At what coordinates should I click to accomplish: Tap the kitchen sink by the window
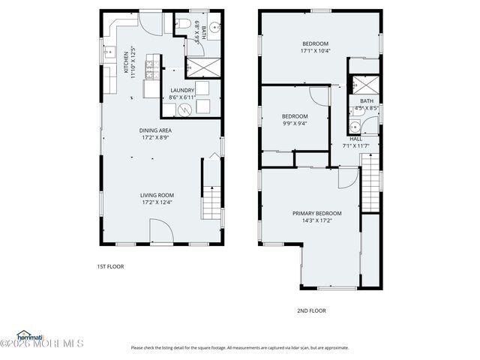click(x=106, y=54)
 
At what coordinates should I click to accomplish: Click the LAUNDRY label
click(x=182, y=90)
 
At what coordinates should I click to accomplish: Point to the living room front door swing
click(x=160, y=231)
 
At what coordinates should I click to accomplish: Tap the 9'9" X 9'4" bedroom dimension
click(x=295, y=123)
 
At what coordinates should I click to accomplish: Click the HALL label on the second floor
click(x=356, y=138)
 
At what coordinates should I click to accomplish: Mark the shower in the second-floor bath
click(x=367, y=83)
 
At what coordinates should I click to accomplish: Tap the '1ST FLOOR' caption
click(x=110, y=266)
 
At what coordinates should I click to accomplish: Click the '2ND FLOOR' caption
click(x=311, y=310)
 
